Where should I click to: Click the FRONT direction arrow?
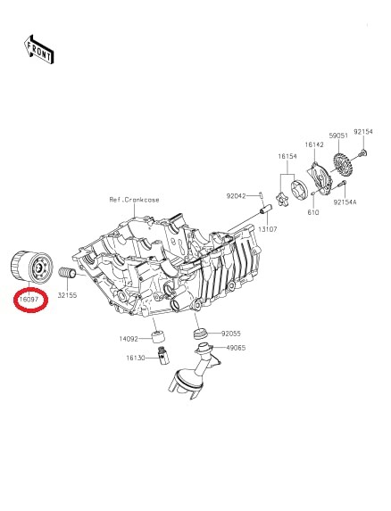point(39,50)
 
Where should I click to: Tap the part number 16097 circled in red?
point(29,299)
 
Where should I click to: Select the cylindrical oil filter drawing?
point(32,267)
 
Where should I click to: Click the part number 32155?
point(67,295)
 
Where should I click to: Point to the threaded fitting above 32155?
point(67,273)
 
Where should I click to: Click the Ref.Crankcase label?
point(135,200)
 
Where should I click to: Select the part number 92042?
point(236,196)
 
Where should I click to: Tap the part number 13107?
point(268,229)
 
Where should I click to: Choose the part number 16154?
point(287,156)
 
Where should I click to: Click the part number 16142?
point(314,144)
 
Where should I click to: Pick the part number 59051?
point(338,136)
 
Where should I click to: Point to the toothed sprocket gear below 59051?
point(342,164)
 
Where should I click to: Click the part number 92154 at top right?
point(363,132)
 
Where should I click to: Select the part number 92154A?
point(345,202)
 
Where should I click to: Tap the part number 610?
point(313,212)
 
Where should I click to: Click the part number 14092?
point(129,339)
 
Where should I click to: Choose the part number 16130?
point(136,358)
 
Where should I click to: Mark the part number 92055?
point(231,334)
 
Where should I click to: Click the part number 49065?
point(236,348)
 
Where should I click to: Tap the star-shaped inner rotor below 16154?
point(281,199)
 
